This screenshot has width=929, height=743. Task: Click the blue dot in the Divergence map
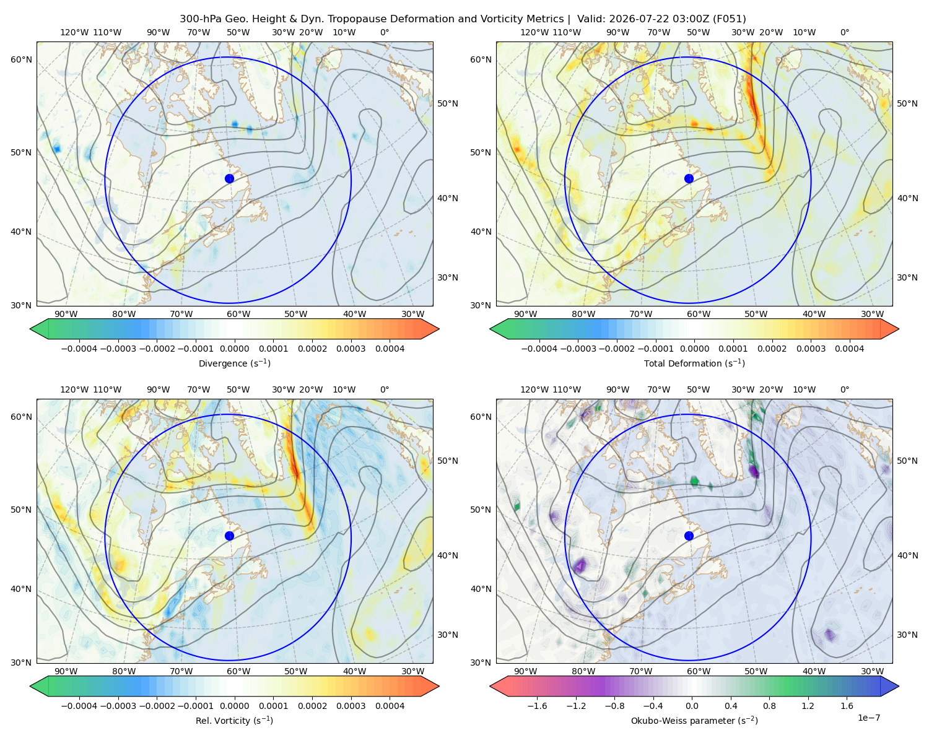(229, 178)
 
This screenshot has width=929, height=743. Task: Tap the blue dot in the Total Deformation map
(689, 178)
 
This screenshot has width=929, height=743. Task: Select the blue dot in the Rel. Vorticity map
(229, 536)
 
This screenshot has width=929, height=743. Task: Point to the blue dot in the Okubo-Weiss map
(689, 536)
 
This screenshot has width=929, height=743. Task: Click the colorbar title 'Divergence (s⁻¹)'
(234, 363)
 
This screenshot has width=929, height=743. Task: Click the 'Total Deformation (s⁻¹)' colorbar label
(694, 363)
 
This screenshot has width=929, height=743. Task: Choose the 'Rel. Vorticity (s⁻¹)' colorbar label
(234, 720)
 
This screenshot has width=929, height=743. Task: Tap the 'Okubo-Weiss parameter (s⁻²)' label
(694, 720)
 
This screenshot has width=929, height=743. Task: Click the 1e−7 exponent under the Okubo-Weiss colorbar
(868, 718)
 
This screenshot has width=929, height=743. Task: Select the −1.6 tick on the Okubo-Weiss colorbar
(537, 705)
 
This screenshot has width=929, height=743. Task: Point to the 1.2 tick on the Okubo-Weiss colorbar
(808, 705)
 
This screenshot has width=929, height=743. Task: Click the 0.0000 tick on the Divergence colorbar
(234, 349)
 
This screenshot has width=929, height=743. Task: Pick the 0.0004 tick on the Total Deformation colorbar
(849, 349)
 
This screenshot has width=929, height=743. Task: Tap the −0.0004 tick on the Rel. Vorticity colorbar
(79, 705)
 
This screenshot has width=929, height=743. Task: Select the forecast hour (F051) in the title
(729, 19)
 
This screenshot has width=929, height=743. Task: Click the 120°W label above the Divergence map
(74, 32)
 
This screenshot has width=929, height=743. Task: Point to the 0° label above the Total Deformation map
(844, 32)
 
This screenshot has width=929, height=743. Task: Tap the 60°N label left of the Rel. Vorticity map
(21, 417)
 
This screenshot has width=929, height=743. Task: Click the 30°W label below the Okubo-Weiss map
(872, 671)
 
